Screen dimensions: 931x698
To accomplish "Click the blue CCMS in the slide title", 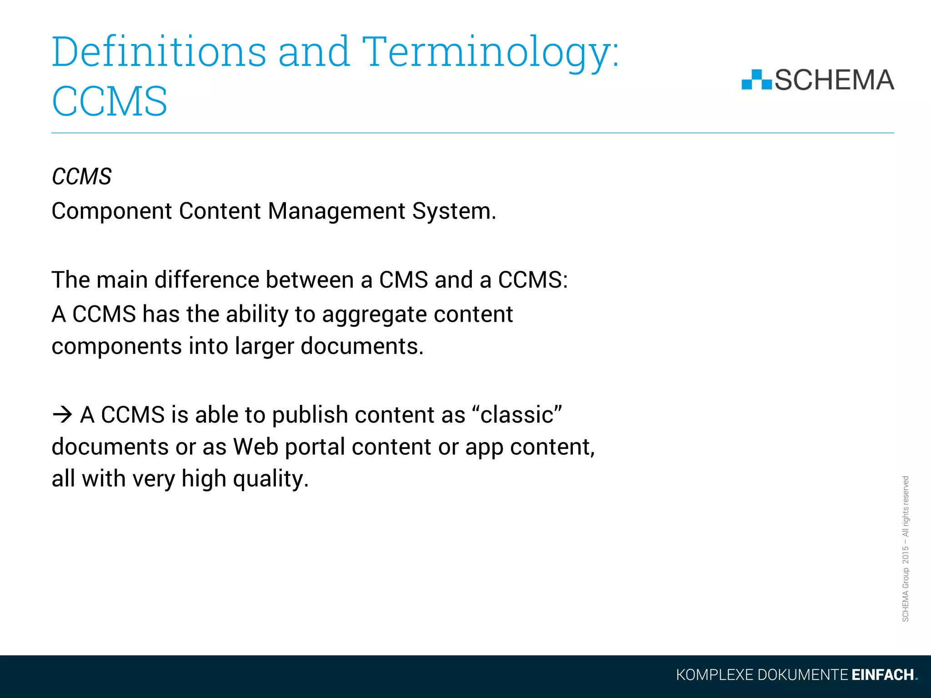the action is (x=110, y=101).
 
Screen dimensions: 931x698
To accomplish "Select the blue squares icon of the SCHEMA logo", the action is (x=756, y=80).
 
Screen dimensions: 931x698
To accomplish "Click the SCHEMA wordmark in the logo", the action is (x=834, y=80).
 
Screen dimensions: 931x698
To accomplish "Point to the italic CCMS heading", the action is (x=81, y=176).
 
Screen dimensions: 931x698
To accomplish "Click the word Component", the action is (x=112, y=211).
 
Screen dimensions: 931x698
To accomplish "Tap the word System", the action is (x=454, y=211).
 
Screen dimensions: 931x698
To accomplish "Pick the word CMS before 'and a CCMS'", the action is (x=403, y=280).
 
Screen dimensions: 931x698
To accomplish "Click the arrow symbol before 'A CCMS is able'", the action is (x=62, y=414).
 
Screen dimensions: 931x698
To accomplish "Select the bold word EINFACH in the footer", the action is (x=882, y=675).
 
